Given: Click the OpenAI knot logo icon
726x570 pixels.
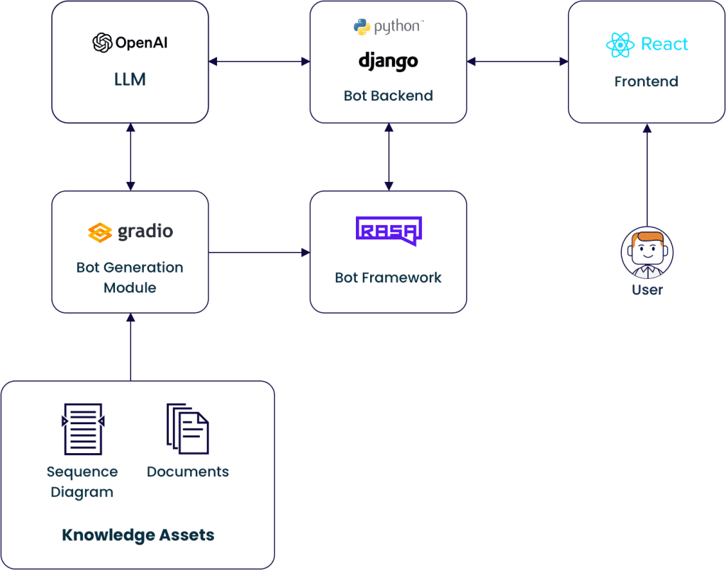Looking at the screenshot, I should (x=103, y=43).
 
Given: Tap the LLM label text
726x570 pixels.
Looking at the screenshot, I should (x=130, y=79).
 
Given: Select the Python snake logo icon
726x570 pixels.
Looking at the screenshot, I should (x=362, y=27).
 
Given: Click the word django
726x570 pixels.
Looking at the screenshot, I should (x=388, y=61).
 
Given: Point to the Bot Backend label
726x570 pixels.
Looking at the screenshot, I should (x=388, y=96).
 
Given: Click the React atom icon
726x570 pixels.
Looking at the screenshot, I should (x=620, y=45).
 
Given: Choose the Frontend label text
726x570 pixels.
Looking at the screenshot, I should (x=646, y=81).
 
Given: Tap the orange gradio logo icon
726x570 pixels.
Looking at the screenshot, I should (x=100, y=232).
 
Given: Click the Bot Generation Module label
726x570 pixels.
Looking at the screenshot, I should (x=130, y=278).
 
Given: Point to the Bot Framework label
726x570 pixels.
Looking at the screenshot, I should (x=388, y=278).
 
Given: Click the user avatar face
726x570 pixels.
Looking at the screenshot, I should (x=647, y=252).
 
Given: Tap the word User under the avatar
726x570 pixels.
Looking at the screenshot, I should (x=647, y=290).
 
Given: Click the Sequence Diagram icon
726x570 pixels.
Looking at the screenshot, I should (x=83, y=428).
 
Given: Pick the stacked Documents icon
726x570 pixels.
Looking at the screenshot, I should (x=188, y=428).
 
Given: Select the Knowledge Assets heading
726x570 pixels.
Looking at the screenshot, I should (x=138, y=535).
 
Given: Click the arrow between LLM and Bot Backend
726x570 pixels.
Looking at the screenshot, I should (x=259, y=62).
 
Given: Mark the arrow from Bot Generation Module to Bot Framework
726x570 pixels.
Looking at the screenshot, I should (x=259, y=252).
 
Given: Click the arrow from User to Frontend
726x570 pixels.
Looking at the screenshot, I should (x=647, y=177).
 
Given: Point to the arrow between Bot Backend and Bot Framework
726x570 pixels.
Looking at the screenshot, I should (x=389, y=157).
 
